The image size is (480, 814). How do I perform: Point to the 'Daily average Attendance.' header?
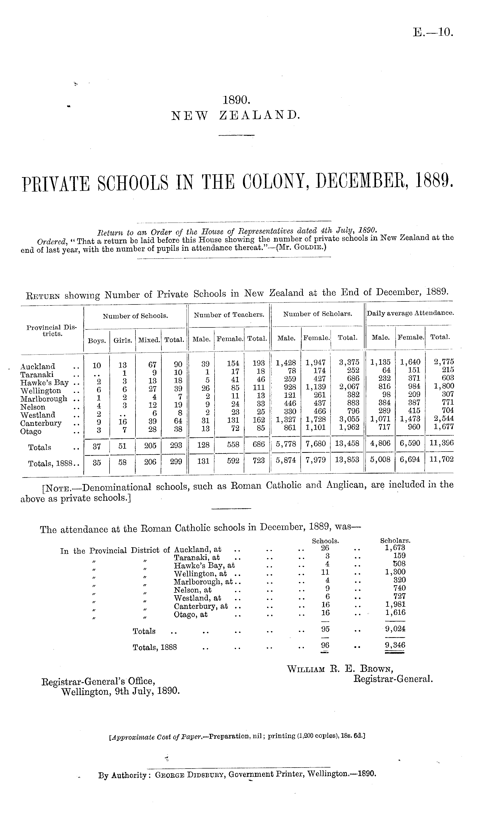point(410,313)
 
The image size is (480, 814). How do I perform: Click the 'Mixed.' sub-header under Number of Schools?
point(149,340)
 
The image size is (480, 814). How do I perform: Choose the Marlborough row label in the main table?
point(44,399)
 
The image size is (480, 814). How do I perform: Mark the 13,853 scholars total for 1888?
point(347,460)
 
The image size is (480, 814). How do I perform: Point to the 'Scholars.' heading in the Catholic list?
point(395,541)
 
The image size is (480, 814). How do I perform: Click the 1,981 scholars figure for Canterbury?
point(395,604)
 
